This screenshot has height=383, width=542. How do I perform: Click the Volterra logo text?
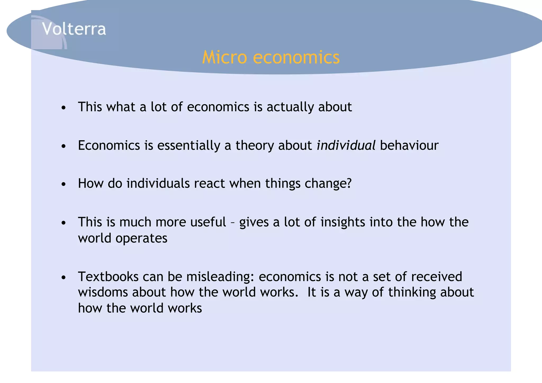[74, 29]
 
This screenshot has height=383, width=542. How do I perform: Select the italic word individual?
[346, 145]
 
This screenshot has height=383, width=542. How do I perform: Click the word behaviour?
[409, 145]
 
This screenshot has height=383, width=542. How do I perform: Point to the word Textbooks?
[108, 277]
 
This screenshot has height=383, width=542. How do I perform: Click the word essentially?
[188, 145]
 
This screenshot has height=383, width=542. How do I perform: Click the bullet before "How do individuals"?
[63, 184]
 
